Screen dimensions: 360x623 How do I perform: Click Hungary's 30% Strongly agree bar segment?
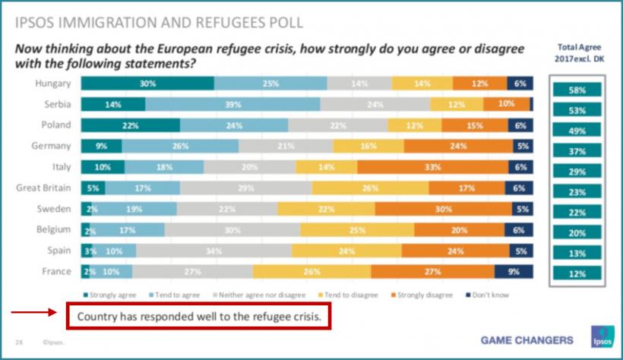[x=147, y=84]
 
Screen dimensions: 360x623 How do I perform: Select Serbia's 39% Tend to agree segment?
[x=232, y=104]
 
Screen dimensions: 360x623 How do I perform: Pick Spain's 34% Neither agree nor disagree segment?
[x=213, y=251]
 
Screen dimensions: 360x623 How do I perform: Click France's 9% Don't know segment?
[x=514, y=272]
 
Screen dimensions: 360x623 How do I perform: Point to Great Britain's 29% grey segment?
[x=246, y=188]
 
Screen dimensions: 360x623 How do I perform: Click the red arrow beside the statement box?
[x=34, y=311]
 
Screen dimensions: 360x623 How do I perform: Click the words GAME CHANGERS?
[x=527, y=339]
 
